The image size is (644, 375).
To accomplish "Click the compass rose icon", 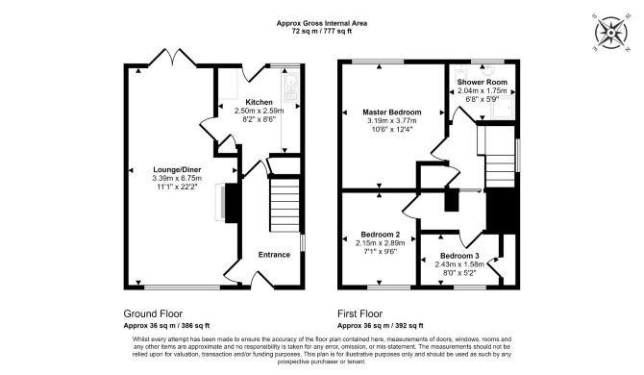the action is coord(611,33).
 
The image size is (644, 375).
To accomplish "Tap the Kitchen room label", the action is coord(259,102).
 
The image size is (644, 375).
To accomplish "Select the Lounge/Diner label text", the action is coord(177,169).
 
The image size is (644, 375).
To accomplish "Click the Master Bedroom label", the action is coord(392,112).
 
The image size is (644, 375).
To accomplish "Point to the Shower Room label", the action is coord(483,82).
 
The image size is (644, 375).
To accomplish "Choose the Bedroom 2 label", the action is coord(380,234).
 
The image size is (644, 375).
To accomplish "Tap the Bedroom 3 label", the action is coord(459,256).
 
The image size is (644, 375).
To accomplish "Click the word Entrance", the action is coord(274,255).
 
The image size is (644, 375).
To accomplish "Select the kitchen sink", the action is coord(290,87).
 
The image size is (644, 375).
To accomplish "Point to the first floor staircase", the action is coord(496,156).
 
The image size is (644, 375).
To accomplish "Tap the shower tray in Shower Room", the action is coord(502,107).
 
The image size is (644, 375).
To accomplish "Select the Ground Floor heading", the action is coord(153,314).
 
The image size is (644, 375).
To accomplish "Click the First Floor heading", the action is coord(359,314).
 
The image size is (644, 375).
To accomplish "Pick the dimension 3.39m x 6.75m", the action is coord(177,178).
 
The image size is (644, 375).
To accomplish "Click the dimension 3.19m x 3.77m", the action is coord(392,121).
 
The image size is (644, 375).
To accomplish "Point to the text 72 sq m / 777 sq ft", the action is coord(322,31).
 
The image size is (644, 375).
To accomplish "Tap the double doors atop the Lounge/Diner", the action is coord(172,58).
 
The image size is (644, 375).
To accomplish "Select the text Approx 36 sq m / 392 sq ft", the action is coord(381,326).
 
